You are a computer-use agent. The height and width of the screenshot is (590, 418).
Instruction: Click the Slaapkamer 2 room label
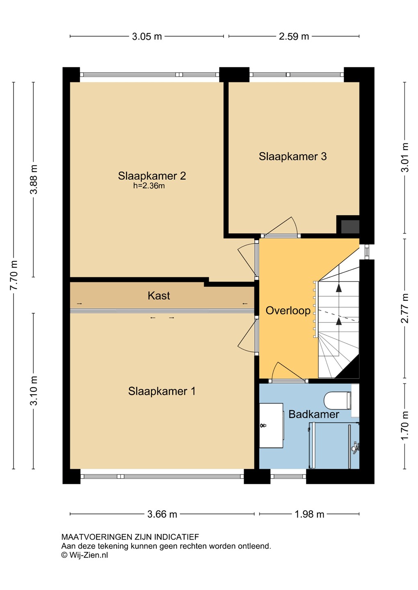152,176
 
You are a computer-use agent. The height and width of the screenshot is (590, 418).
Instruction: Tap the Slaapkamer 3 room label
293,156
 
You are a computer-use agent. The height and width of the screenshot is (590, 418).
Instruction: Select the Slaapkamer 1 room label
162,391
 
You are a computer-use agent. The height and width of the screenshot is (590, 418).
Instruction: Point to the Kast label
159,295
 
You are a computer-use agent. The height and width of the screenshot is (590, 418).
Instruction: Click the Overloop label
288,311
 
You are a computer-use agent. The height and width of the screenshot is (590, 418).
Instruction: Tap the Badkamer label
314,414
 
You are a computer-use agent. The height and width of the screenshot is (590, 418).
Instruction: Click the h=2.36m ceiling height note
149,186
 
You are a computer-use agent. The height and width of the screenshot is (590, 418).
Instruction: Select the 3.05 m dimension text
147,36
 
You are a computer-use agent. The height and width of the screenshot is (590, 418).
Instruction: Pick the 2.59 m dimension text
294,36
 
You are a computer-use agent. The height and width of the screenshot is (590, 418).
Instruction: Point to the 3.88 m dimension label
34,179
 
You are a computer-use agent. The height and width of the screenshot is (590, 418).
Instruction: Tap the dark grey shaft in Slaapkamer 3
350,227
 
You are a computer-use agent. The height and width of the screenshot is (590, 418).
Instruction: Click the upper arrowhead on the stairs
339,288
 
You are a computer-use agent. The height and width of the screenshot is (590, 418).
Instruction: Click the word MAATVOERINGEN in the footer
97,537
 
